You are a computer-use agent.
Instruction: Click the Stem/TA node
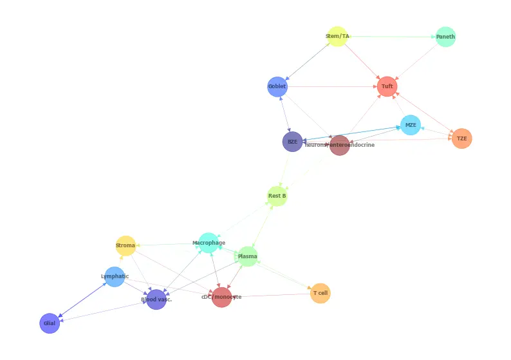pos(337,37)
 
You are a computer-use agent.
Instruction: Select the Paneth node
pos(445,37)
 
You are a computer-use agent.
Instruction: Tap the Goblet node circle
pos(277,86)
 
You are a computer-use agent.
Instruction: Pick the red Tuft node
pos(387,86)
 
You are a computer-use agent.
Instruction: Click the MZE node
pos(411,125)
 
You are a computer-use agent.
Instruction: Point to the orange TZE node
pos(461,138)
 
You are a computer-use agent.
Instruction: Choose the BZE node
pos(292,142)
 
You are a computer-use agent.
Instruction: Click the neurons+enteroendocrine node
pos(339,145)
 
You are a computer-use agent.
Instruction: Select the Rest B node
pos(277,196)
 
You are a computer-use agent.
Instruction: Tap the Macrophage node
pos(209,243)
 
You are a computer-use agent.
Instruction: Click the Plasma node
pos(247,256)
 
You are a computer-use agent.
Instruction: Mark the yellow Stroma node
pos(125,245)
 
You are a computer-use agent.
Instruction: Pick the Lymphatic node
pos(115,277)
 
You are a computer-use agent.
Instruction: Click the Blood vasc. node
pos(156,299)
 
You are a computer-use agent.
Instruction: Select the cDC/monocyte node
pos(221,297)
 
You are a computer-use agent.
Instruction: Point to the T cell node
pos(320,293)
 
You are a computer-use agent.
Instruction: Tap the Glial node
pos(50,323)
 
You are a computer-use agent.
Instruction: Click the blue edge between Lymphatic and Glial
pos(82,300)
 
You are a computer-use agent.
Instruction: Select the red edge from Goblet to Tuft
pos(331,86)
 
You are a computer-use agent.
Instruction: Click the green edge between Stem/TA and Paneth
pos(391,37)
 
